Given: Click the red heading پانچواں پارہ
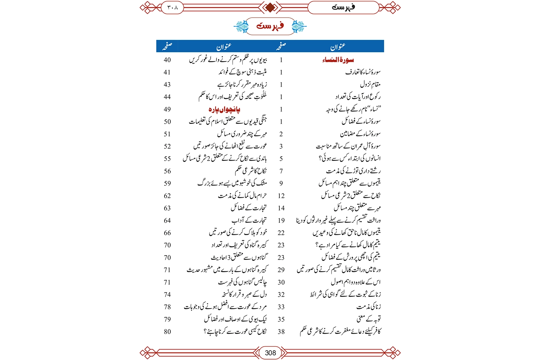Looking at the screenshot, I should [x=224, y=109].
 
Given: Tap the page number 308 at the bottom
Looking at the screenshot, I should [x=270, y=353].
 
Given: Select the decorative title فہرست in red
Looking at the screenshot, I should [x=270, y=26].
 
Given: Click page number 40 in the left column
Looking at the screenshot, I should [x=167, y=60].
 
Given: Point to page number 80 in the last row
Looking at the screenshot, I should [x=167, y=332].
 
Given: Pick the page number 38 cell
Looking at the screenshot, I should [x=281, y=332].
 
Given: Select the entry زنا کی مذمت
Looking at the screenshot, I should [x=368, y=307].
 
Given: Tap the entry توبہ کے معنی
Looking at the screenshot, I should [x=369, y=319].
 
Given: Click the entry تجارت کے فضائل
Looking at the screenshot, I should [x=248, y=208].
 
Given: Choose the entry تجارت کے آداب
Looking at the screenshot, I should [x=249, y=220].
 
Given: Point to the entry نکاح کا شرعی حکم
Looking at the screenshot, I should [x=251, y=171].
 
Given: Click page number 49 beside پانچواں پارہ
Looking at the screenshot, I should [x=167, y=109].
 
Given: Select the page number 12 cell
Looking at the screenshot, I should [x=281, y=196].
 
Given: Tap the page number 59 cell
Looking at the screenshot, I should [x=167, y=183].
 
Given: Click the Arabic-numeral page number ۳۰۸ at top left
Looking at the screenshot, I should [x=172, y=7].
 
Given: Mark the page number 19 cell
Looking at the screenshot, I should [x=281, y=220].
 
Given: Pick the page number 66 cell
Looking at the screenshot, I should [x=167, y=233].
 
